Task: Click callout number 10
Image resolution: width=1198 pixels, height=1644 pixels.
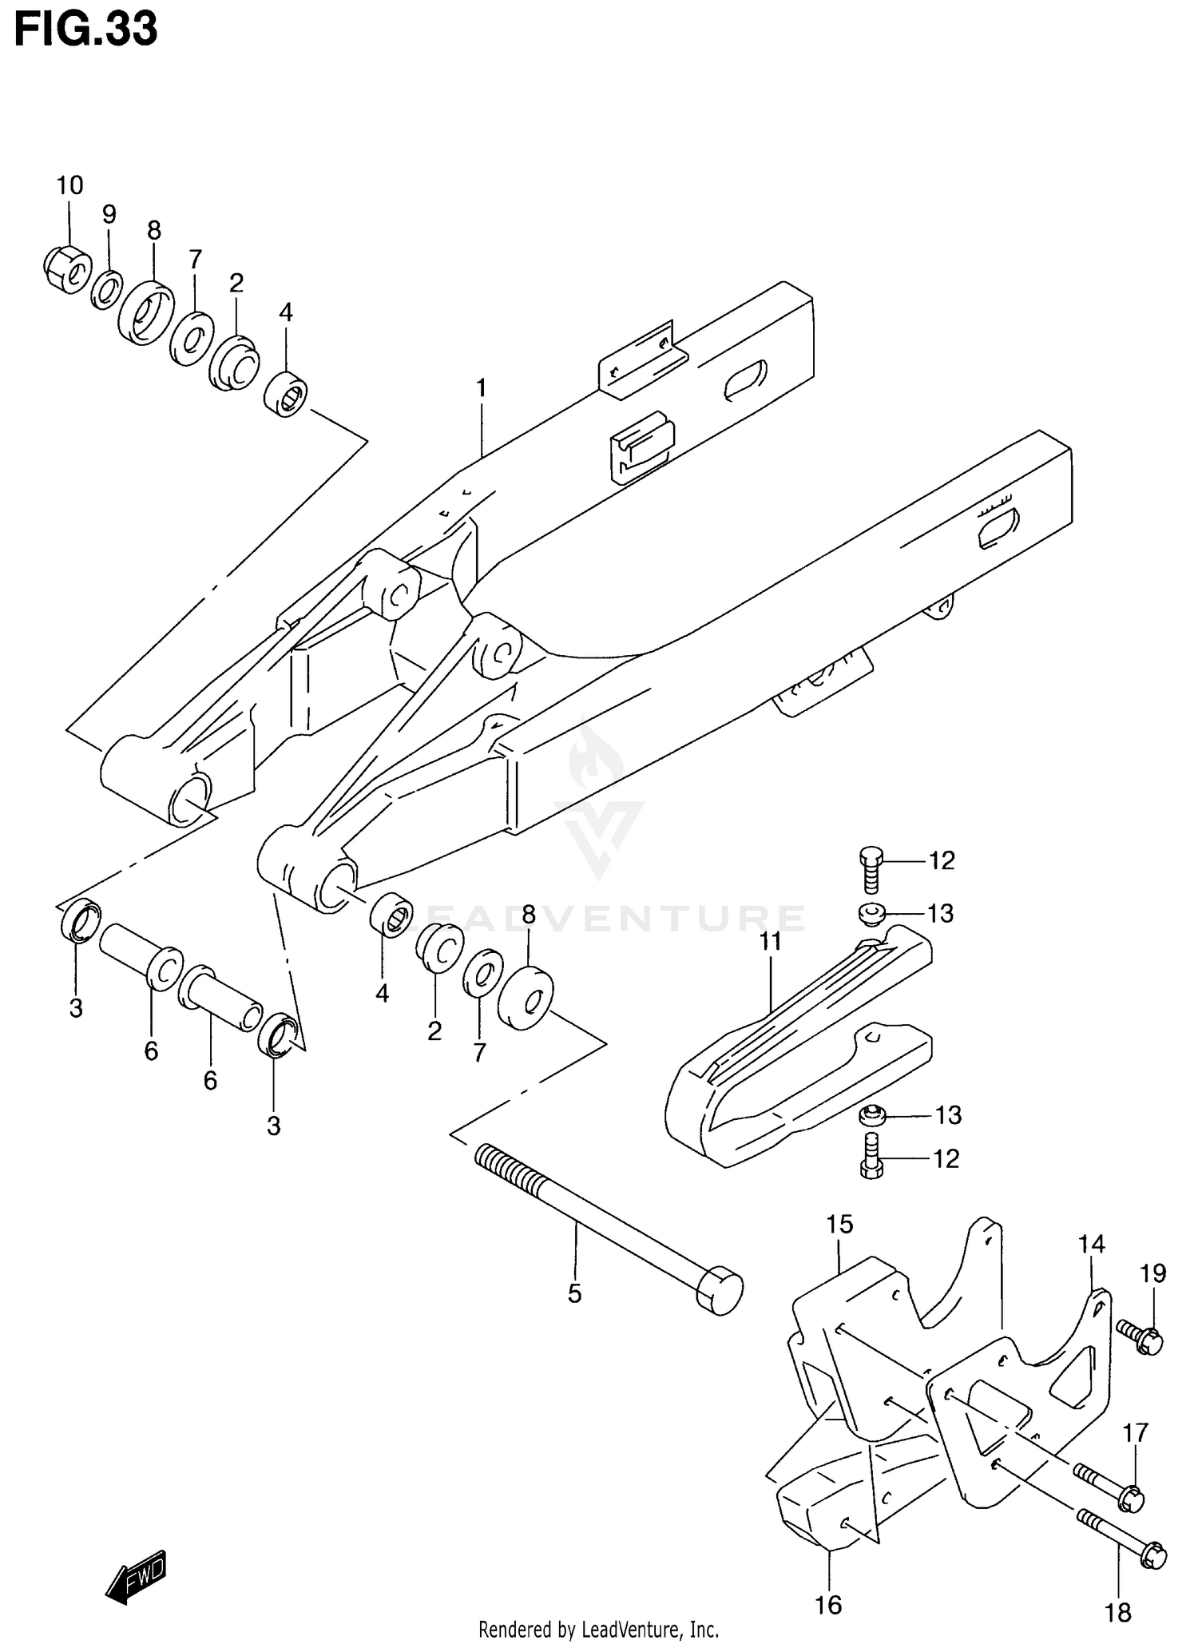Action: (69, 186)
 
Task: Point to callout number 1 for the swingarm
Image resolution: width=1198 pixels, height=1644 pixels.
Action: (482, 389)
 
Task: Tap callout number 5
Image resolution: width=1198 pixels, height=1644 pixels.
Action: (574, 1293)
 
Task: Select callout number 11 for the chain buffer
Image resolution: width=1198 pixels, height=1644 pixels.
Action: (770, 942)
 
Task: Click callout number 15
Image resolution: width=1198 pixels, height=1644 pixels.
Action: (839, 1224)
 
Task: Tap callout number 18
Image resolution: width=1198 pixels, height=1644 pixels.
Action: (1118, 1612)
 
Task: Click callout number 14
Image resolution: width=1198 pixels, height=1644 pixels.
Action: (1091, 1244)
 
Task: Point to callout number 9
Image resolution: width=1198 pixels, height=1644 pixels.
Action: (109, 214)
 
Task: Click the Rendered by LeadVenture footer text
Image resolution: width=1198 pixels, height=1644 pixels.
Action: (598, 1629)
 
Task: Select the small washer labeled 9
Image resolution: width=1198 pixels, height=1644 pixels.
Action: (106, 289)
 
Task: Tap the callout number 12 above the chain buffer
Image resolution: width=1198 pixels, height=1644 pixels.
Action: (942, 860)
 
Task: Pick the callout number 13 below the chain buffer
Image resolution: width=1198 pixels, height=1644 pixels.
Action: (948, 1115)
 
